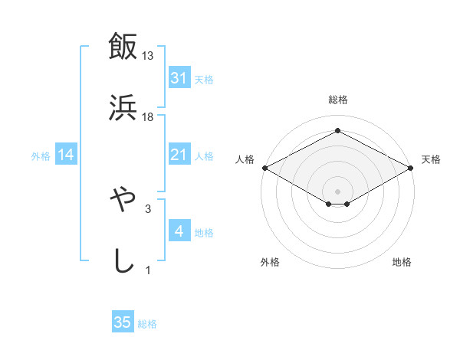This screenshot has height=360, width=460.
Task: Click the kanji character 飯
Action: pos(123,47)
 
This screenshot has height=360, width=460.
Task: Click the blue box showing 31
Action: pos(179,78)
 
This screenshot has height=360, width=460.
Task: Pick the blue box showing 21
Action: pos(179,155)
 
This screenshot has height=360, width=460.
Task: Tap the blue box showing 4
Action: pos(179,231)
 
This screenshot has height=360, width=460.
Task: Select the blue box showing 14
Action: pos(66,155)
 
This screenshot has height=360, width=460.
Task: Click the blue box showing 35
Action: pos(123,323)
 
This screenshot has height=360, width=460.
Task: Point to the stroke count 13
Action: pos(148,56)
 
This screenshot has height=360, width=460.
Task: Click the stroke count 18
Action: pos(148,116)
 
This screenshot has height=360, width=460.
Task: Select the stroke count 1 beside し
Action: pos(147,270)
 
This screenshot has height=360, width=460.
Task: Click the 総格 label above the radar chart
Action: pos(337,100)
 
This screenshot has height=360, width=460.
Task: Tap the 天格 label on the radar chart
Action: pos(431,159)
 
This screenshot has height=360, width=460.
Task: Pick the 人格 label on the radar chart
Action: pos(245,159)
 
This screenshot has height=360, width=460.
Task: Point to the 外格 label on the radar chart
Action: pos(270,262)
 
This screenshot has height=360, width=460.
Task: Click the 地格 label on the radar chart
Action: pos(402,262)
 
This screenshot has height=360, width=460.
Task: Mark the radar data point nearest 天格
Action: pos(412,168)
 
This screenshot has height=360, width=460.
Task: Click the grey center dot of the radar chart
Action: pos(337,190)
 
